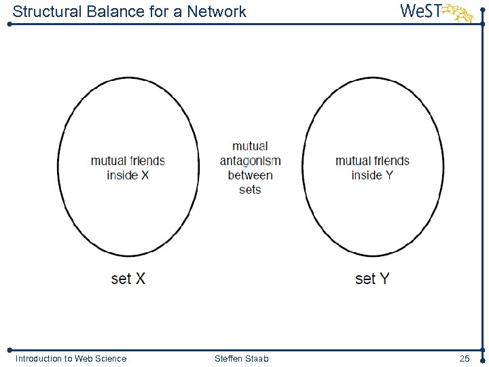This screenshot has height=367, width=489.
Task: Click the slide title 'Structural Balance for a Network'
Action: tap(129, 12)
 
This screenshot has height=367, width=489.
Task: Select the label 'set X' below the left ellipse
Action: tap(128, 279)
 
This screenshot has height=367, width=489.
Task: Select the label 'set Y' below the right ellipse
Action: tap(372, 279)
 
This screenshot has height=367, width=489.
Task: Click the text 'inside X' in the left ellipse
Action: tap(128, 175)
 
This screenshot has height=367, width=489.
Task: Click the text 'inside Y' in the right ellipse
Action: tap(372, 175)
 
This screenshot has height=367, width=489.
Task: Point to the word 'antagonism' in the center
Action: tap(250, 161)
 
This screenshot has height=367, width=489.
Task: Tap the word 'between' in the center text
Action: tap(250, 175)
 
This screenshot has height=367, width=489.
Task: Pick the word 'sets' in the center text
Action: tap(250, 190)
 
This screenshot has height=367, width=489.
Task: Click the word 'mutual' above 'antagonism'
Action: tap(250, 146)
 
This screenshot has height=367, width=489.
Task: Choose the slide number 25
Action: tap(465, 358)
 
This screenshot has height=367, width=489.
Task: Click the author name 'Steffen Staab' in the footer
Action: tap(241, 358)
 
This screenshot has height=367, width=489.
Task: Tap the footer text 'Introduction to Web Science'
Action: tap(71, 358)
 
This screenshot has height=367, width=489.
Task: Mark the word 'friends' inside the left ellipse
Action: tap(147, 161)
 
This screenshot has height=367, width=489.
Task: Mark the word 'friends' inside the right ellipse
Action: tap(391, 161)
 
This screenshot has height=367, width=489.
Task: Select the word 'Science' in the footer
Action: tap(110, 358)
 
